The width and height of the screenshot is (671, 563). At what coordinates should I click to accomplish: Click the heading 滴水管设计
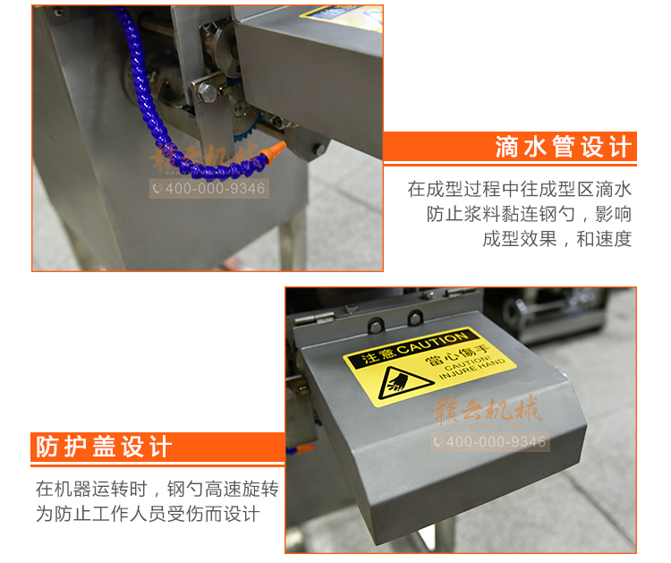point(563,147)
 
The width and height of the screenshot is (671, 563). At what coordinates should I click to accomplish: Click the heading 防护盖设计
point(103,446)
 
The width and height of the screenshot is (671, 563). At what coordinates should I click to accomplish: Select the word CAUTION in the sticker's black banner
point(431,344)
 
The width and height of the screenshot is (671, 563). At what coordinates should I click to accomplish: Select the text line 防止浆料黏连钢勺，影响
point(529,215)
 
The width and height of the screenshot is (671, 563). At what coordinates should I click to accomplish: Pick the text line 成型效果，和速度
point(556,239)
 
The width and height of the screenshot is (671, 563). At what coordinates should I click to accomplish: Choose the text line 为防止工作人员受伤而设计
point(148,515)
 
